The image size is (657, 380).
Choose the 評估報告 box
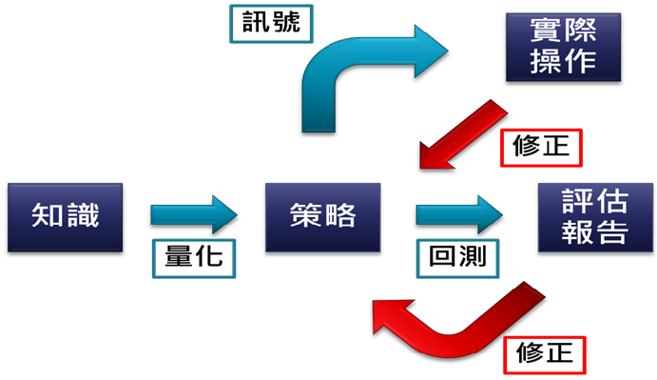582,215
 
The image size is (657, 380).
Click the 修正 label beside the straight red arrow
539,148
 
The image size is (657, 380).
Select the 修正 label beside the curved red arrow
546,353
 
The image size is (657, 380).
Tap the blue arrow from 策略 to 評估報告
457,214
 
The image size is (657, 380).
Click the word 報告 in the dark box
582,231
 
